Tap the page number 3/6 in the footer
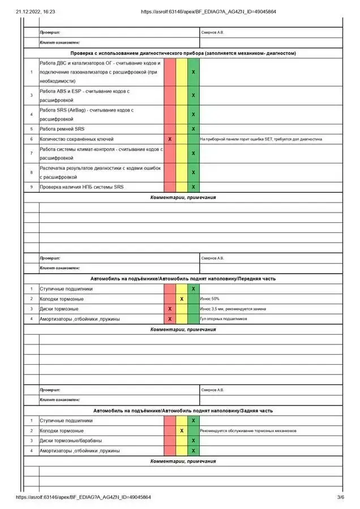coord(340,497)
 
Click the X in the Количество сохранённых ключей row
coord(170,139)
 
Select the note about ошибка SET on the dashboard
coord(260,139)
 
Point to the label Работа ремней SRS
coord(62,129)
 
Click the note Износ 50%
coord(209,299)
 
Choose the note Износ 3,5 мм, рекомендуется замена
coord(233,309)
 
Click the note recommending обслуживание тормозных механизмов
coord(248,431)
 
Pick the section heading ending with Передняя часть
coord(183,279)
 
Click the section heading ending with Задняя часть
coord(183,411)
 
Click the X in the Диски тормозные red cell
coord(170,309)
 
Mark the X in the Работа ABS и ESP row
coord(193,95)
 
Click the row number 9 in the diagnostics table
coord(31,187)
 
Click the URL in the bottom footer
coord(84,497)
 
